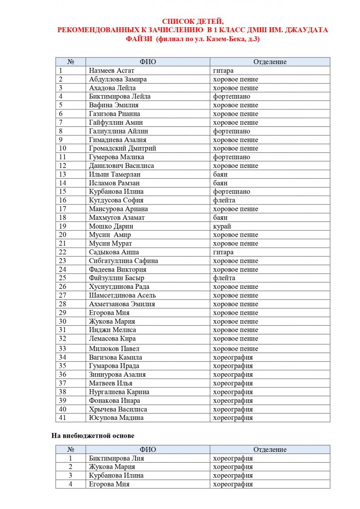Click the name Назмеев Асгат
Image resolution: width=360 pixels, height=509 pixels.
[x=107, y=71]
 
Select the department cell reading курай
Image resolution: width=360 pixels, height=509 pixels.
[x=222, y=227]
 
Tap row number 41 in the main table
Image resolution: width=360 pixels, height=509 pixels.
[x=63, y=418]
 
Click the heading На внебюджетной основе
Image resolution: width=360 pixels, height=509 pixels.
[x=93, y=436]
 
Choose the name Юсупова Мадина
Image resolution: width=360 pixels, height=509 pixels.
[x=116, y=418]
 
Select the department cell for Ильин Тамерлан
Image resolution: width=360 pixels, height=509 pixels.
[x=220, y=174]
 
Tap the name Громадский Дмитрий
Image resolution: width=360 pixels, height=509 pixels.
[x=123, y=148]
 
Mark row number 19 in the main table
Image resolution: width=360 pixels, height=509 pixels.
[x=63, y=227]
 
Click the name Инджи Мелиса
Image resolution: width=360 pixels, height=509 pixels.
[x=112, y=330]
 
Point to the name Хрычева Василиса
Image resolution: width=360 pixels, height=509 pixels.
[x=118, y=409]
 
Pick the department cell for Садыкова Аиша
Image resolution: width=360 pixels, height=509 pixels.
[x=223, y=252]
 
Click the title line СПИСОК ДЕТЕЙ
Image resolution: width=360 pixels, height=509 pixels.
[x=193, y=22]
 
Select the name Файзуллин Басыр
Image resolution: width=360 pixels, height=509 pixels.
[x=117, y=278]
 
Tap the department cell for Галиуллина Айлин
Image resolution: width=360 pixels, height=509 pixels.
[x=232, y=131]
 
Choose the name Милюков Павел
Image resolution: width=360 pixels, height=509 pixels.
[x=114, y=349]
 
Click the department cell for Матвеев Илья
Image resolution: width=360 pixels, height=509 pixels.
[x=233, y=383]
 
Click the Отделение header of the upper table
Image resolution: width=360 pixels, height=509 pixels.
[x=270, y=62]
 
